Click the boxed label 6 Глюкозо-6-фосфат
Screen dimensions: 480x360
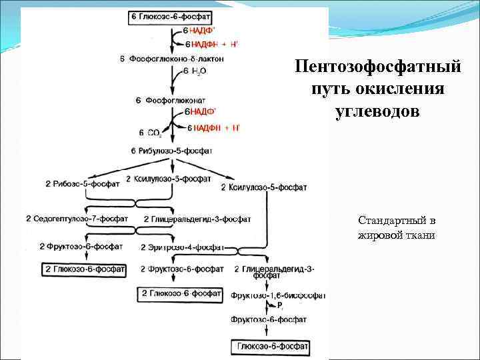[175, 17]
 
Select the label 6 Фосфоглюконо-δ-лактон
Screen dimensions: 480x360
[171, 59]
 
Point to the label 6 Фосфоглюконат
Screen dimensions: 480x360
[171, 101]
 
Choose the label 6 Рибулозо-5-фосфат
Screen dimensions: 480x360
[175, 151]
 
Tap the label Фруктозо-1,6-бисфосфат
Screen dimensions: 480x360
[278, 295]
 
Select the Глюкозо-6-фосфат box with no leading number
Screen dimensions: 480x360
[271, 347]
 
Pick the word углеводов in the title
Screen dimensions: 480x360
[379, 110]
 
